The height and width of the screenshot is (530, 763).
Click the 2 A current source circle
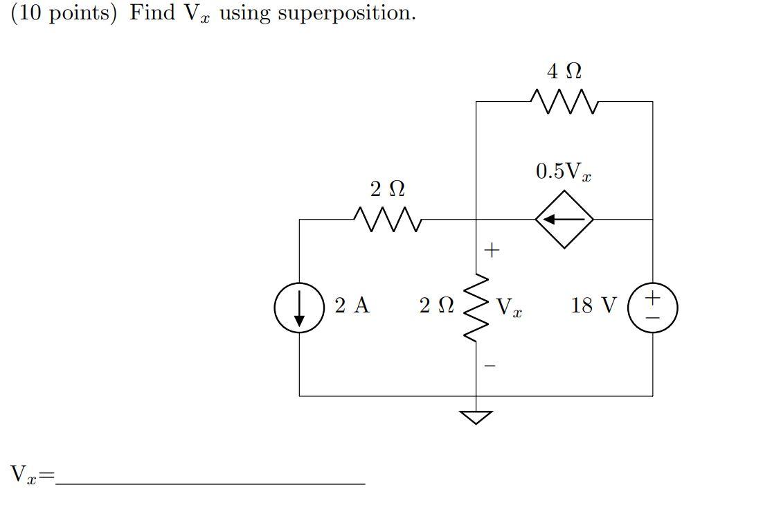point(299,308)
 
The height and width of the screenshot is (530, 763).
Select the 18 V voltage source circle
point(652,308)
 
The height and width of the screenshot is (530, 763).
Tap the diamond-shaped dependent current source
point(564,220)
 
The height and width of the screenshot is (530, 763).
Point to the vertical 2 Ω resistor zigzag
point(476,307)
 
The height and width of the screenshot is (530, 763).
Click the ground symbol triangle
point(476,416)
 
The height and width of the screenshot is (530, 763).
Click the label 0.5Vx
point(563,172)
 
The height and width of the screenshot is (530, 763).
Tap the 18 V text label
point(593,306)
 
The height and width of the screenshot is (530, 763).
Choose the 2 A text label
point(352,306)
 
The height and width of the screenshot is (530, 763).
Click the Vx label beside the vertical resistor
point(509,307)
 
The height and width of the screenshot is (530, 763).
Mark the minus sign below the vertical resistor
point(490,366)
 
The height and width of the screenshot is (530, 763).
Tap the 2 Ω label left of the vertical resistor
point(436,306)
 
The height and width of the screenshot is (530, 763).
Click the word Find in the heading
point(152,12)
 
